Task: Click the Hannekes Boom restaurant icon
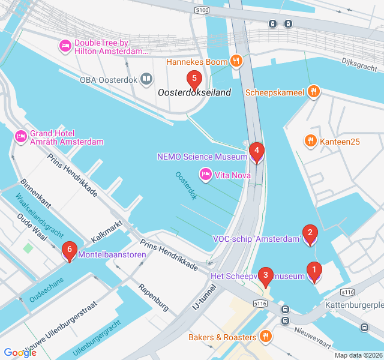(x=237, y=61)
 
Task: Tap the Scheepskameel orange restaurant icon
(x=313, y=92)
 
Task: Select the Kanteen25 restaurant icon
(x=310, y=141)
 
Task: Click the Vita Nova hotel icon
(x=205, y=174)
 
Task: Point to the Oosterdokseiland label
(x=194, y=93)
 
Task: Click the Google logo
(x=20, y=353)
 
